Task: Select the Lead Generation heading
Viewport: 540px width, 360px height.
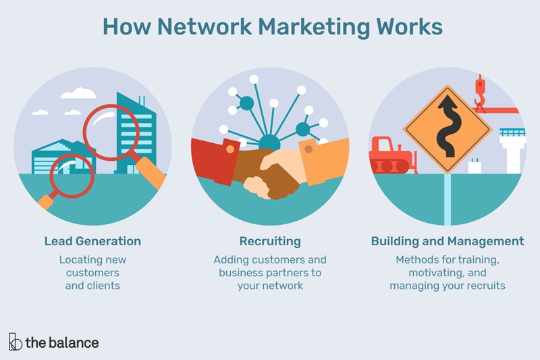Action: [92, 241]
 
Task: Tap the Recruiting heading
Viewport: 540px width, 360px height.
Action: [270, 241]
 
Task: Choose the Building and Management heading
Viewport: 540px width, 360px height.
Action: [447, 241]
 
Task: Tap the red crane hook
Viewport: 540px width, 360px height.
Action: [480, 95]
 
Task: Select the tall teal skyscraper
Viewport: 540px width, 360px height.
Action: [136, 132]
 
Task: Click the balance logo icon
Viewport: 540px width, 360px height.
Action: [15, 342]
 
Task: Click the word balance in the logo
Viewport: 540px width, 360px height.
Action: [73, 342]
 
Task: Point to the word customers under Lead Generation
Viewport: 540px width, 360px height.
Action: [92, 273]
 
